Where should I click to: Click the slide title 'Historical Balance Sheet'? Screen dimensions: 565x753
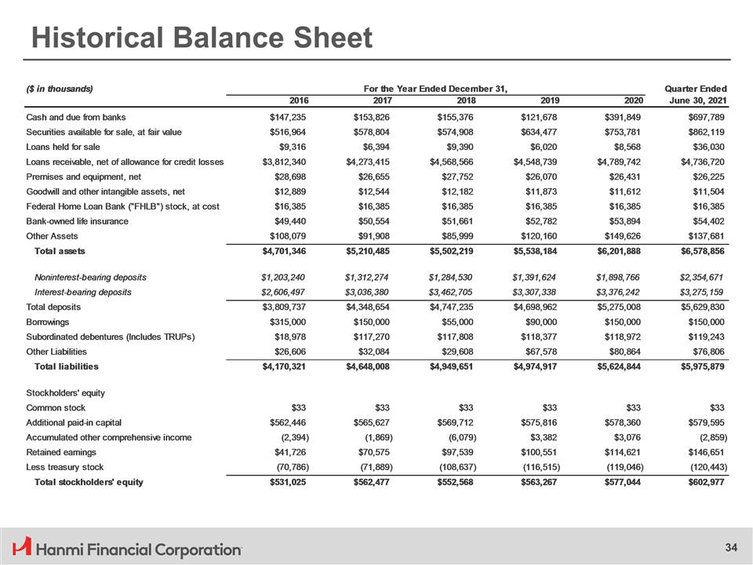(x=200, y=37)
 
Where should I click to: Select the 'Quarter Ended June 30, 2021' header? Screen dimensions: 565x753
(x=695, y=94)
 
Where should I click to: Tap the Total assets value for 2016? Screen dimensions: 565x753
(x=285, y=251)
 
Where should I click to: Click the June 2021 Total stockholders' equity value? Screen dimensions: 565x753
(x=702, y=481)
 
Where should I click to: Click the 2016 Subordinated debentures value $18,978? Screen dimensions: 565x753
(x=286, y=337)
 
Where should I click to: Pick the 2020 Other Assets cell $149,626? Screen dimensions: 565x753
(x=621, y=236)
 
